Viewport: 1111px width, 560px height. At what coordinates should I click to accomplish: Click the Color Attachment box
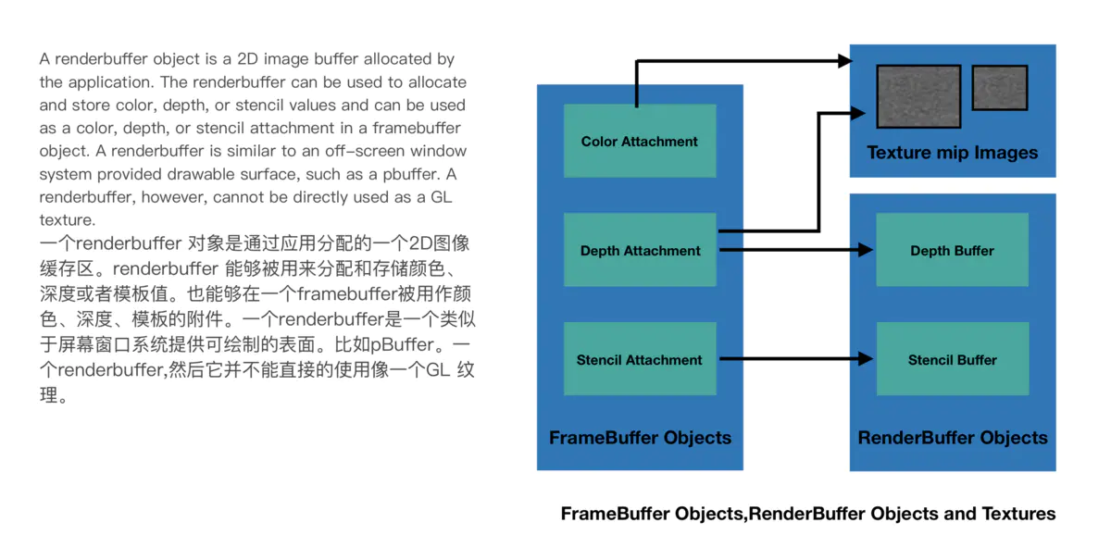pos(640,141)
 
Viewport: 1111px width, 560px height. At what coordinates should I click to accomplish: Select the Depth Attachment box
pos(640,250)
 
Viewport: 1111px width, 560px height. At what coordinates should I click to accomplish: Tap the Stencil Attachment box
pos(640,359)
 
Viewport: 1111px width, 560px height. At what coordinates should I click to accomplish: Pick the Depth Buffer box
pos(952,250)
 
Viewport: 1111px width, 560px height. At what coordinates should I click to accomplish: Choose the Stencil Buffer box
pos(952,359)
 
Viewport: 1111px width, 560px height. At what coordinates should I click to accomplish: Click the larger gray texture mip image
pos(918,96)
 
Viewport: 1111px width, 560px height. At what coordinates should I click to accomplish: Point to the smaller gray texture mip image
pos(1000,87)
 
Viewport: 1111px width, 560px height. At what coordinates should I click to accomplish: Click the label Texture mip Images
pos(952,153)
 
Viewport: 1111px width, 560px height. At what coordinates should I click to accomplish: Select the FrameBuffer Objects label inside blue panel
pos(640,438)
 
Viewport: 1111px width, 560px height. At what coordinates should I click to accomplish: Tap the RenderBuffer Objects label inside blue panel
pos(952,438)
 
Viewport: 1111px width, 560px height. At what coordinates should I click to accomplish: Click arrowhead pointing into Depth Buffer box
pos(866,250)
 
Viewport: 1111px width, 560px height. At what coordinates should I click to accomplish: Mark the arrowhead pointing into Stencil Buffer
pos(866,359)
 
